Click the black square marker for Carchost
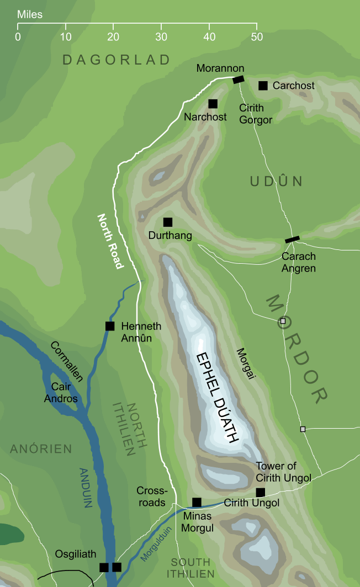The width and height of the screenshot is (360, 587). click(263, 86)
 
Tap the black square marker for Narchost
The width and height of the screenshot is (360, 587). click(213, 104)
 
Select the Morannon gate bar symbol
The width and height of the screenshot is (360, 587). click(238, 79)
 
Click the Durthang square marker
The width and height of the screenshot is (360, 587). click(168, 222)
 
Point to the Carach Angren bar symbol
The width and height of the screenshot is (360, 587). click(292, 239)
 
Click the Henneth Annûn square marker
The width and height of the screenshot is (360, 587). click(110, 326)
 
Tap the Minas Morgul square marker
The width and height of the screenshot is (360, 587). click(197, 502)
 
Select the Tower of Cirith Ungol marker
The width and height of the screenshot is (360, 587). click(261, 492)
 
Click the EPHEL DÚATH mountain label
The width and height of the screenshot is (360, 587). click(217, 397)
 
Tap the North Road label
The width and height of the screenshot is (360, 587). click(109, 241)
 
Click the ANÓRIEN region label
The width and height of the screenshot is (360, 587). click(41, 449)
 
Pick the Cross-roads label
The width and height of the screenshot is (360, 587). click(151, 497)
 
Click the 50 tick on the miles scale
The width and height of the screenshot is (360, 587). click(257, 25)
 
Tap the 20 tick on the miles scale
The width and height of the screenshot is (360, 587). click(113, 25)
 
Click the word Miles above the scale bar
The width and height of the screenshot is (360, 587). click(30, 14)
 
